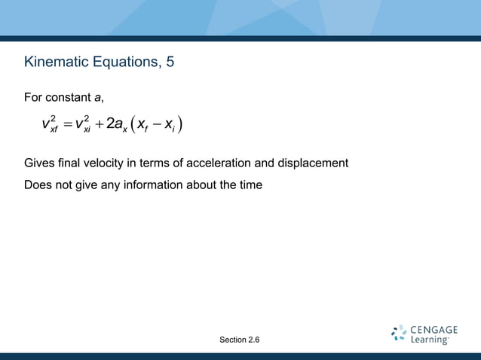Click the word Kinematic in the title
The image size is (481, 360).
pos(57,61)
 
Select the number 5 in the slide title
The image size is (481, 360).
pos(170,61)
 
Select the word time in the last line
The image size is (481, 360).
pos(250,184)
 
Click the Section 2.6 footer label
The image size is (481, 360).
pos(240,340)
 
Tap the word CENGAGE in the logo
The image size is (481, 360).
pos(434,330)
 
